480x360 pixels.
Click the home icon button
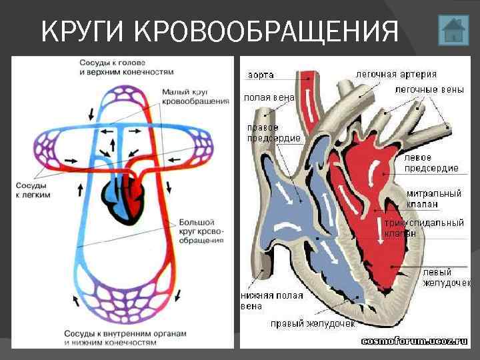[x=453, y=31]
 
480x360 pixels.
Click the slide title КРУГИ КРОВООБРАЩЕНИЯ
[x=219, y=31]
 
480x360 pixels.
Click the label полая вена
[x=269, y=97]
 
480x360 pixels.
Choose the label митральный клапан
[x=433, y=199]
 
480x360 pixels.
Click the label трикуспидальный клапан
[x=424, y=228]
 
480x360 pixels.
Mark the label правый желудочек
[x=312, y=323]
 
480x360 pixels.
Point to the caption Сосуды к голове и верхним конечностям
[x=127, y=66]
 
